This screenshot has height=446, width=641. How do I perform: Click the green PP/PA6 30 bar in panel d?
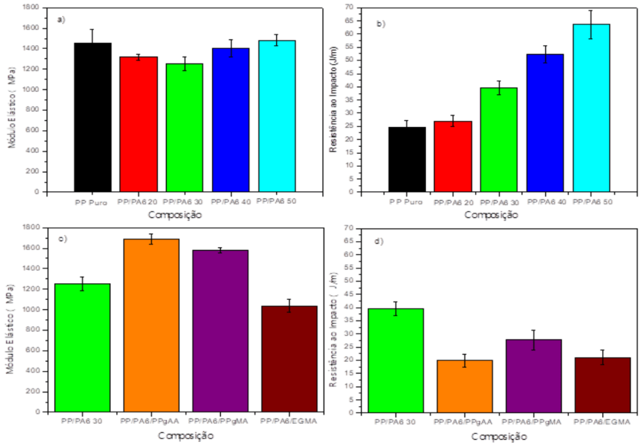point(395,360)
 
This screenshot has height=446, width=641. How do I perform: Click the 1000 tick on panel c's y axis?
point(31,309)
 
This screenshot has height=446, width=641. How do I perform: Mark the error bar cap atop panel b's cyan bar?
point(591,11)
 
